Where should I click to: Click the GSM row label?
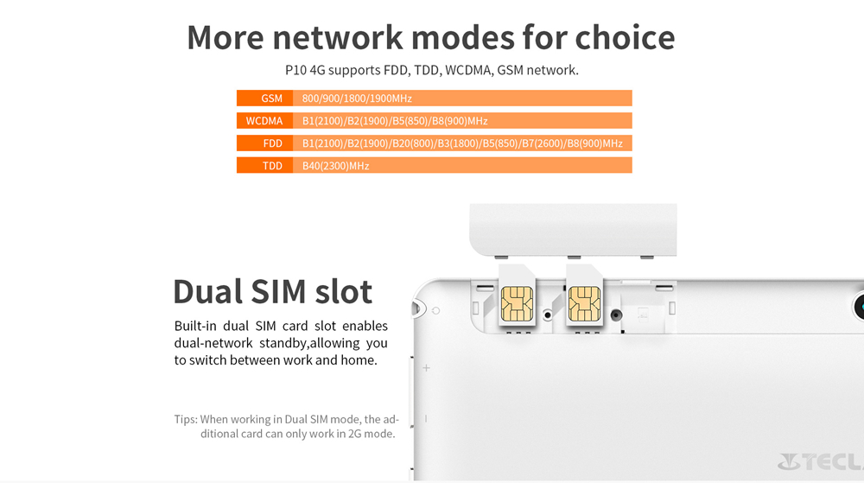(271, 99)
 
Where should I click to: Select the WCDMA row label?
(264, 121)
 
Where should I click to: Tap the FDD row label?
(273, 143)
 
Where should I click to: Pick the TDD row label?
(272, 166)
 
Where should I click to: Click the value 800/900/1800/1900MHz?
(357, 99)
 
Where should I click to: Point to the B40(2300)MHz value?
(335, 166)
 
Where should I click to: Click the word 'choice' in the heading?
(625, 37)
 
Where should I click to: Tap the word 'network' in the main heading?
(338, 37)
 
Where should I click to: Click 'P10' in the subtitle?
(295, 71)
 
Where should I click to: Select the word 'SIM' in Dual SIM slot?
(278, 291)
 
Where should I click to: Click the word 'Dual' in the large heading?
(207, 291)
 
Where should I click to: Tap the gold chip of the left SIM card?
(517, 303)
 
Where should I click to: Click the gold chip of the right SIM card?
(584, 303)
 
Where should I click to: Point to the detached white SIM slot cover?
(573, 230)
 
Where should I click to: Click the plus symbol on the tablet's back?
(426, 368)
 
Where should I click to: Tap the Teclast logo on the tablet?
(821, 461)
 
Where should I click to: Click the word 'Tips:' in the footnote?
(186, 420)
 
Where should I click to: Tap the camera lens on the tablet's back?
(860, 307)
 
